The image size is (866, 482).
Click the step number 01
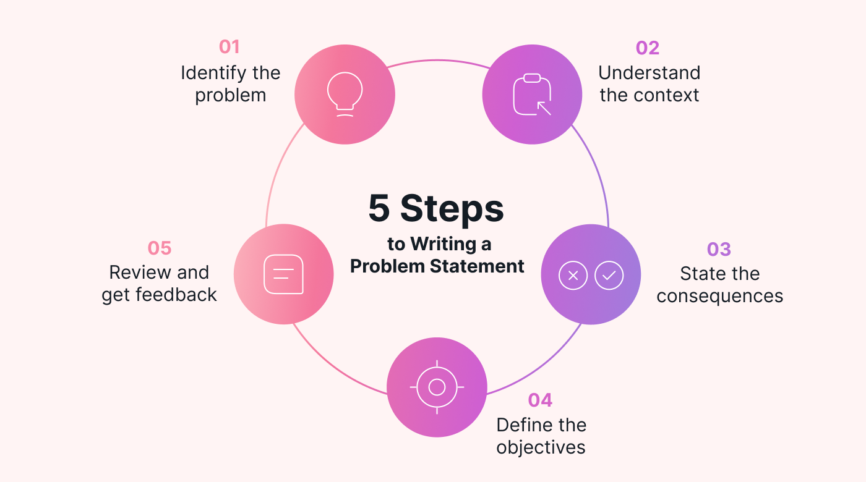point(229,47)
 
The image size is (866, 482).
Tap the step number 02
point(648,48)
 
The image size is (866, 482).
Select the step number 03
point(719,249)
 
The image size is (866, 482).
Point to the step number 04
point(540,400)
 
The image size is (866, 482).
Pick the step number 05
point(159,248)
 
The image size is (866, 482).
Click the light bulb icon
point(345,93)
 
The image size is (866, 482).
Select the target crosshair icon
point(437,387)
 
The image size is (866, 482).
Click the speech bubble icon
point(283,274)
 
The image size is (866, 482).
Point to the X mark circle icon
point(573,275)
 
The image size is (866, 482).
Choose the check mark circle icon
point(609,275)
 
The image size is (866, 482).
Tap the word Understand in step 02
point(649,73)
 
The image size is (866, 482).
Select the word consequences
point(720,296)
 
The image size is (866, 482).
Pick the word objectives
point(541,447)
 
